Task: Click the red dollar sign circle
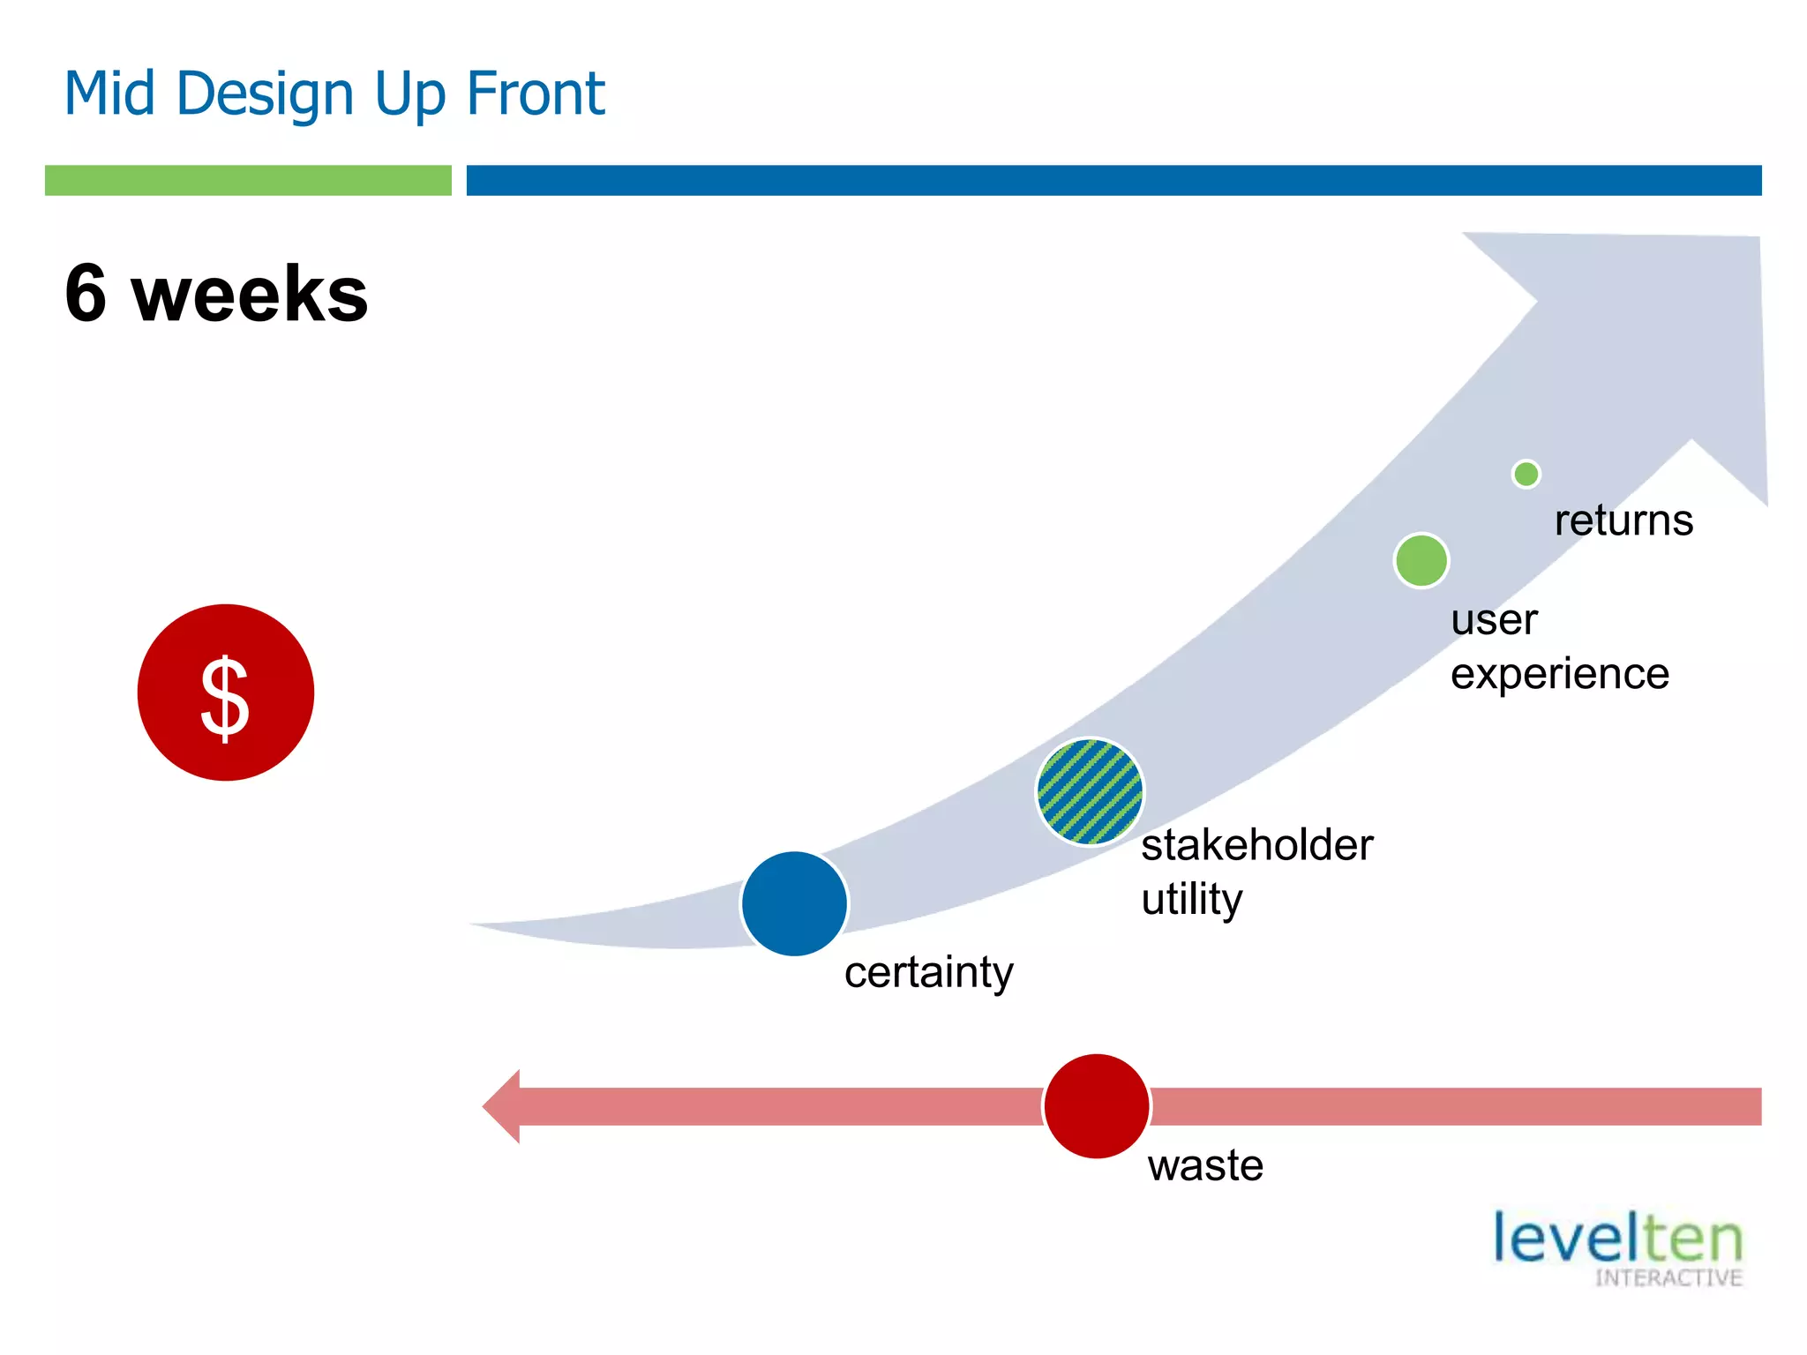pyautogui.click(x=226, y=692)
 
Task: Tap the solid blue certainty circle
pyautogui.click(x=794, y=903)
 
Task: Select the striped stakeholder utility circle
pyautogui.click(x=1090, y=791)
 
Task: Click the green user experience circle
pyautogui.click(x=1421, y=560)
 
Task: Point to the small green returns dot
pyautogui.click(x=1526, y=474)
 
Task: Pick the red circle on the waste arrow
pyautogui.click(x=1097, y=1105)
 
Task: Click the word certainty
pyautogui.click(x=928, y=973)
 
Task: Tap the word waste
pyautogui.click(x=1205, y=1165)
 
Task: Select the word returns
pyautogui.click(x=1623, y=520)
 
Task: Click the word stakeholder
pyautogui.click(x=1256, y=845)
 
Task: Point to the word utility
pyautogui.click(x=1192, y=900)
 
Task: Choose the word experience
pyautogui.click(x=1560, y=675)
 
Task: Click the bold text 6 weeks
pyautogui.click(x=216, y=294)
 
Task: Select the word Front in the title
pyautogui.click(x=535, y=93)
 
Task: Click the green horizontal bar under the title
pyautogui.click(x=248, y=180)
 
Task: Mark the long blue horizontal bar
pyautogui.click(x=1113, y=180)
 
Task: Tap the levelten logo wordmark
pyautogui.click(x=1617, y=1238)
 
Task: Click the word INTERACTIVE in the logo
pyautogui.click(x=1668, y=1278)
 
